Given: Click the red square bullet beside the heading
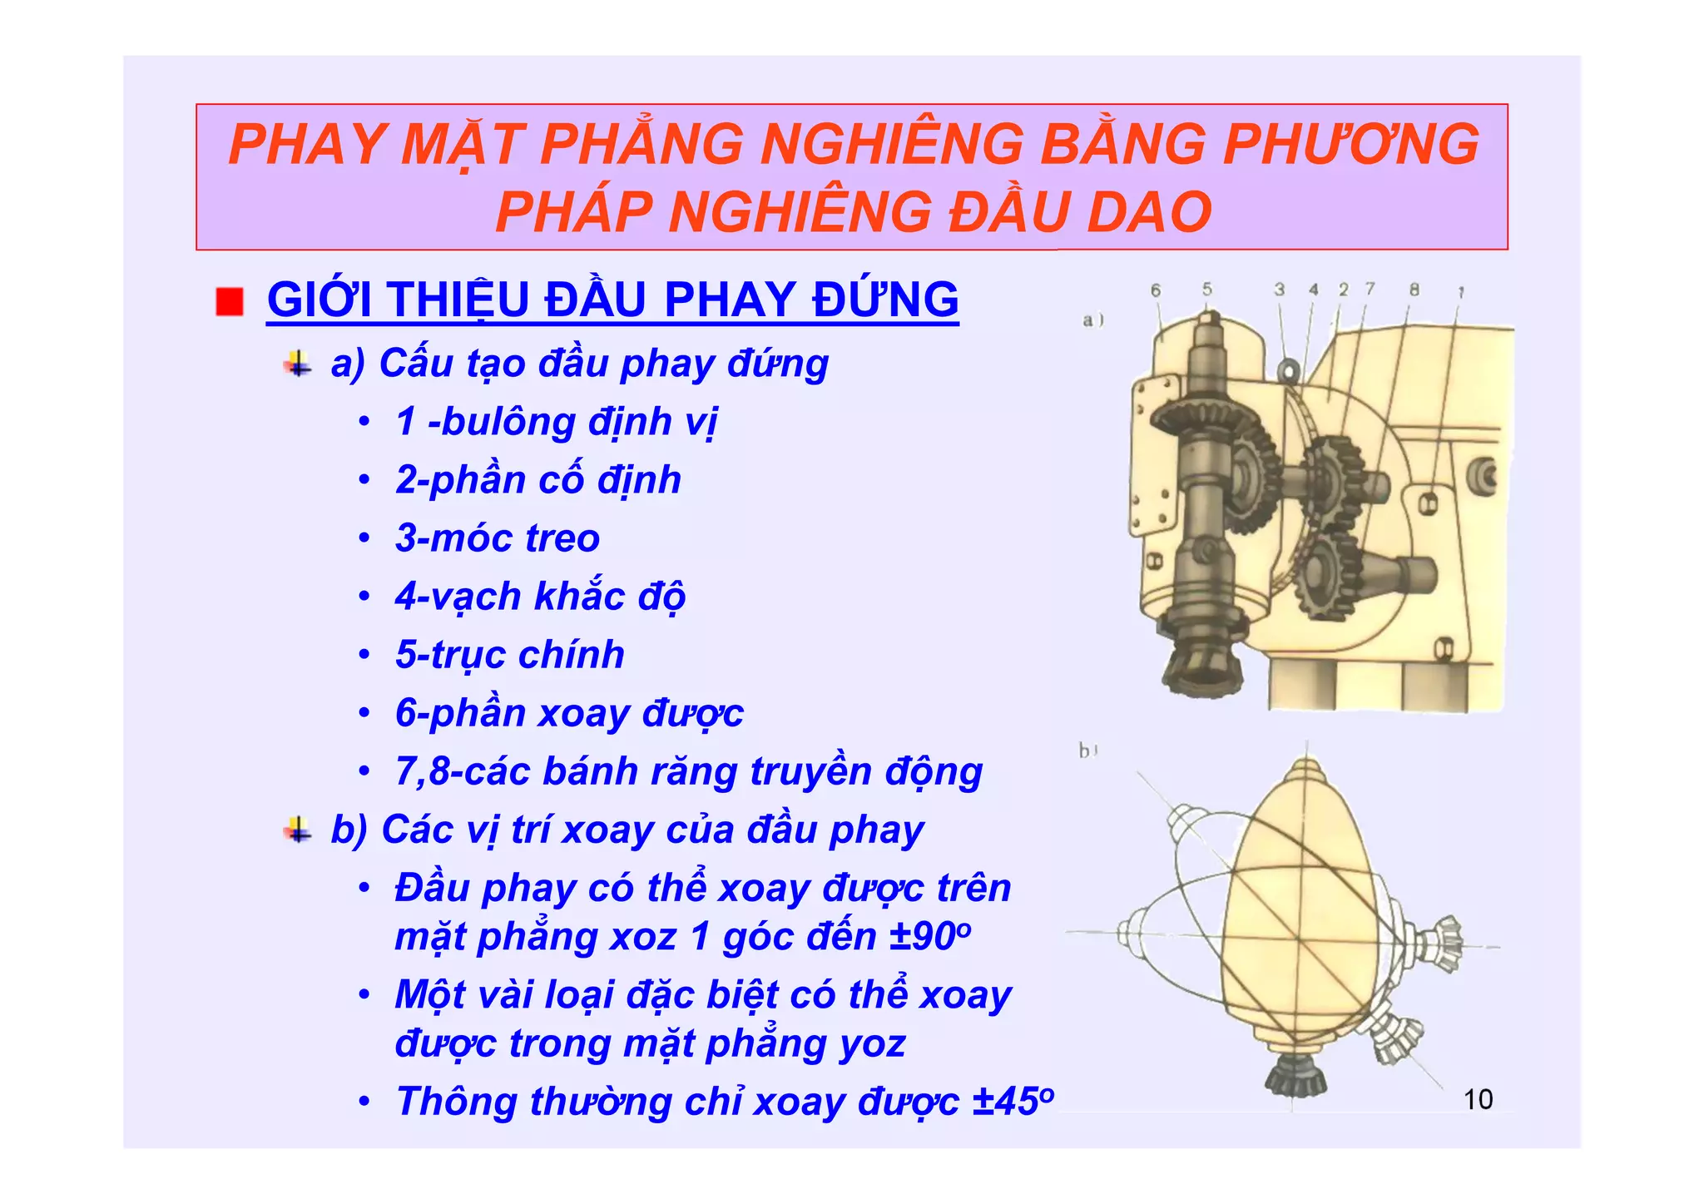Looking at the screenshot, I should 229,301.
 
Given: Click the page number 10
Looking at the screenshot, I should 1478,1099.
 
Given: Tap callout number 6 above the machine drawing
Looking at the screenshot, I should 1155,290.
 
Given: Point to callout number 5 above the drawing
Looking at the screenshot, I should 1206,289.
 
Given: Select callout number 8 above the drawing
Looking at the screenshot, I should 1414,290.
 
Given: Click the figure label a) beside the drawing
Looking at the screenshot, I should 1092,320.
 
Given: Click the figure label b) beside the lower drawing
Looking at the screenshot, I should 1087,751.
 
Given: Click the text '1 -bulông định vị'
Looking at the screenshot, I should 556,421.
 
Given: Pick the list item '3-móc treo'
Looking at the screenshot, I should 497,538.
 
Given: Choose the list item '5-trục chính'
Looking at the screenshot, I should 509,654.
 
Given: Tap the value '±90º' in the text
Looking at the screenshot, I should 930,936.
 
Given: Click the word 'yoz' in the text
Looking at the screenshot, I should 872,1043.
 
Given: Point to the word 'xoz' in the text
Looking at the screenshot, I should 643,936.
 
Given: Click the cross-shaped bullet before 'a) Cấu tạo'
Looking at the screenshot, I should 297,364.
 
